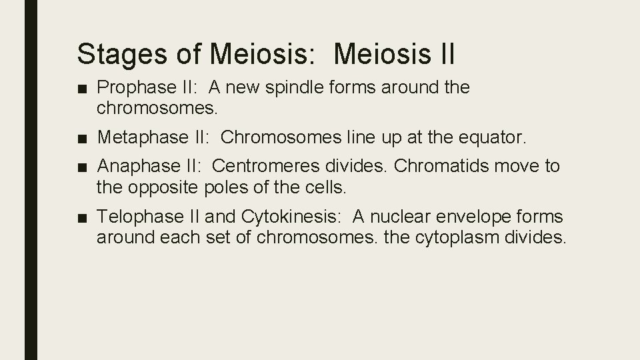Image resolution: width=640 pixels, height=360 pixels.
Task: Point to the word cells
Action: tap(323, 188)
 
